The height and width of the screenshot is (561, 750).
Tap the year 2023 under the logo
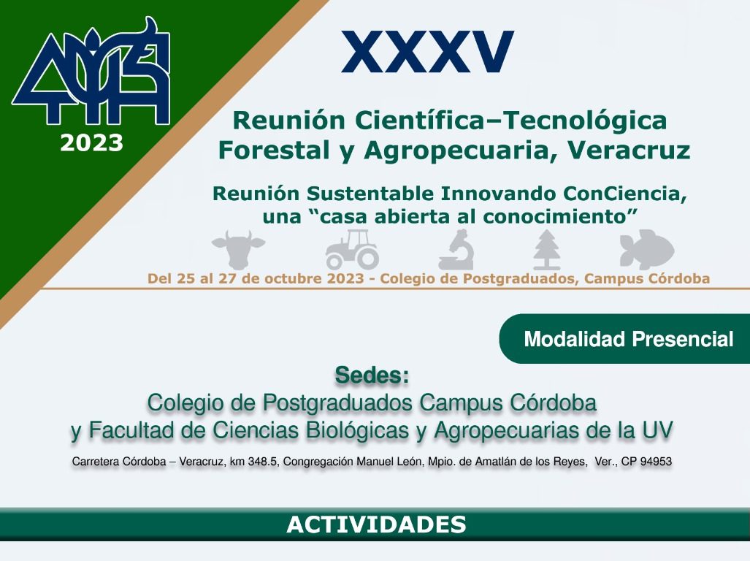pos(91,143)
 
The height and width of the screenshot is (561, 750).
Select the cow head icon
pos(239,249)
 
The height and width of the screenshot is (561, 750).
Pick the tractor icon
pos(352,249)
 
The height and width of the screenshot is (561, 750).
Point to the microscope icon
pos(456,250)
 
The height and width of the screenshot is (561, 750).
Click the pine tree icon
pos(546,250)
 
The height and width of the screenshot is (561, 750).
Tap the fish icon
pos(646,249)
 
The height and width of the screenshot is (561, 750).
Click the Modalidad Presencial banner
pos(629,339)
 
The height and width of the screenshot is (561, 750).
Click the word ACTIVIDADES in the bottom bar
pos(376,524)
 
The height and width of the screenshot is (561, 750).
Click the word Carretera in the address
pos(98,462)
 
